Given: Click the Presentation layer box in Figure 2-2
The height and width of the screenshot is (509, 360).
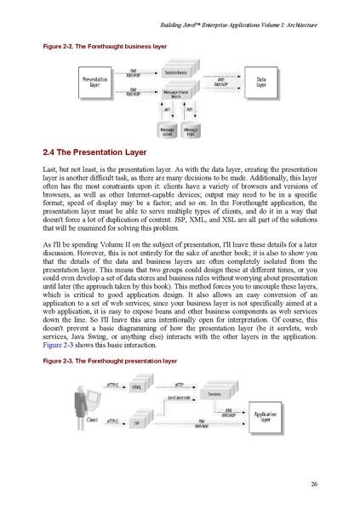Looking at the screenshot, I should click(94, 83).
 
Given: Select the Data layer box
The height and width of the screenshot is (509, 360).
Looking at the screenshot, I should click(261, 83).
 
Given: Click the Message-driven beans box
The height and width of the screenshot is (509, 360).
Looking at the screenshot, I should click(176, 94).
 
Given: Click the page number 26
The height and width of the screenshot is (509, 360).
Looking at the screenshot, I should click(314, 485).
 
